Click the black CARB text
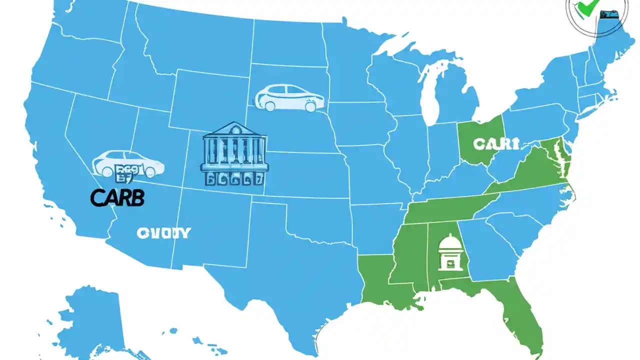pos(117,198)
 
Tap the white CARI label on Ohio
pos(495,144)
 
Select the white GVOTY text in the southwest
pos(163,233)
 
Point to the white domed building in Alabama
pos(450,252)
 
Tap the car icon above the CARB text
pos(128,163)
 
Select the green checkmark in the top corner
pos(584,7)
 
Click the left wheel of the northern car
pos(270,106)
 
